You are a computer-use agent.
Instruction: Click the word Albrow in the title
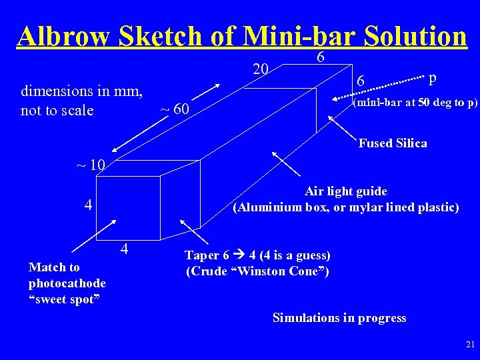pos(64,36)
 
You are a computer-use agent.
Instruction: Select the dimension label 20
pos(261,69)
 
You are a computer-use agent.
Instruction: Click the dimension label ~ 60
pos(176,109)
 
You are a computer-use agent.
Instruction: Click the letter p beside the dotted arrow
pos(433,78)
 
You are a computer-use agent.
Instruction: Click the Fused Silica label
pos(393,143)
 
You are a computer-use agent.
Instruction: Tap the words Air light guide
pos(345,191)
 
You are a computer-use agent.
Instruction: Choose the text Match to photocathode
pos(67,275)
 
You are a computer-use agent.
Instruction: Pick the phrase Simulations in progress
pos(339,318)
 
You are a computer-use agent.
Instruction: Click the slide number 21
pos(470,345)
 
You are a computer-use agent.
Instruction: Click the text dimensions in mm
pos(82,91)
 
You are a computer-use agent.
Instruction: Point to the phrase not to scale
pos(57,110)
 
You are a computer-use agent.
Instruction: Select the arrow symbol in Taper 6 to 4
pos(239,255)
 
